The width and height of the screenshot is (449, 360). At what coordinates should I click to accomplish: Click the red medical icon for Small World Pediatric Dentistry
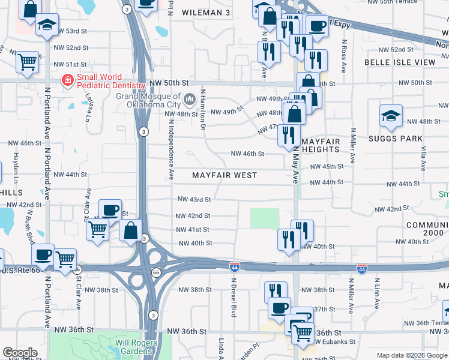click(68, 79)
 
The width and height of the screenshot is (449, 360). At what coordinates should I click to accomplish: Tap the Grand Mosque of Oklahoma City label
click(148, 100)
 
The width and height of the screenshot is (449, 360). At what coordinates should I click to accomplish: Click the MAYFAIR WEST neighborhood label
click(224, 175)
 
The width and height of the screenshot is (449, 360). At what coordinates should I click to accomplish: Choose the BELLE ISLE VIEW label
click(400, 62)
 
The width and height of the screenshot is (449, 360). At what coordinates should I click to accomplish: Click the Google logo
click(20, 353)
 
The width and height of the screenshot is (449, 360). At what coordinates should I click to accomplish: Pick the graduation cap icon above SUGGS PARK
click(391, 116)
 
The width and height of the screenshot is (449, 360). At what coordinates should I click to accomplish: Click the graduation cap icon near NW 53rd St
click(47, 25)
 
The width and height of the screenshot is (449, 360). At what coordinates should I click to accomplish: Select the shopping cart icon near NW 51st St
click(27, 61)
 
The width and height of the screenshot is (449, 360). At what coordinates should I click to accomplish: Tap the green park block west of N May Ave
click(265, 218)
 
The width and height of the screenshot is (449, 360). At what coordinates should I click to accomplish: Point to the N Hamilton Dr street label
click(203, 110)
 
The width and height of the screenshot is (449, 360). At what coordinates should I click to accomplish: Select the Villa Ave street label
click(423, 158)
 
